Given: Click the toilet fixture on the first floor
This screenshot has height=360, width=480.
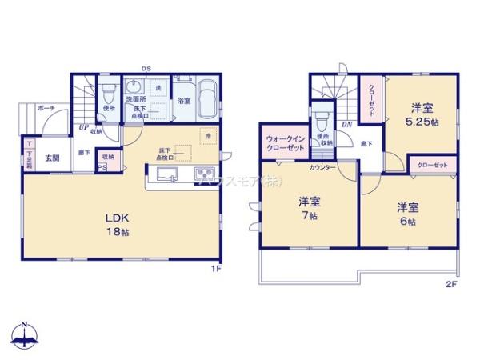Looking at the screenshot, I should [108, 94].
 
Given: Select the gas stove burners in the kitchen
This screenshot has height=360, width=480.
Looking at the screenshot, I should [204, 174].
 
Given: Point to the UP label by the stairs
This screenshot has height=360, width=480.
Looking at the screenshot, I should [82, 127].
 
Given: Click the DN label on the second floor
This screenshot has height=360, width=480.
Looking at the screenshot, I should [346, 126].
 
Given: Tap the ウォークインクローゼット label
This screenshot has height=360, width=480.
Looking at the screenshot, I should [284, 147].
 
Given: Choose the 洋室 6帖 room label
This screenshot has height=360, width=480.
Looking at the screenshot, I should [407, 213].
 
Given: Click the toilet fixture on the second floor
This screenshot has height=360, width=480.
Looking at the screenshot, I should [322, 120].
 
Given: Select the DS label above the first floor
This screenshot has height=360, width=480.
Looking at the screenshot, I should [146, 69].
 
